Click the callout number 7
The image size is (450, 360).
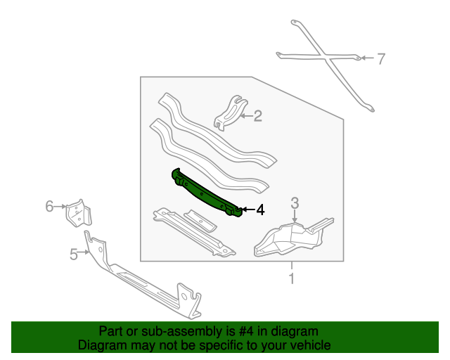click(380, 58)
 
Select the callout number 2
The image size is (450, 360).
click(258, 116)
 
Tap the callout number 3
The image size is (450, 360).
click(295, 203)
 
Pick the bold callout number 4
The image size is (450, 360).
click(260, 210)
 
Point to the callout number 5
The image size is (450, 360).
click(74, 255)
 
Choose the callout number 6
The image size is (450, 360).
click(49, 206)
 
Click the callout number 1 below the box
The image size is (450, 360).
click(292, 278)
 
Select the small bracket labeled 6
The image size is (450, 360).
click(79, 213)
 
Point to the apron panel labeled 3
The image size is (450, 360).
click(292, 238)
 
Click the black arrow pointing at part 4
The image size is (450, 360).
click(248, 210)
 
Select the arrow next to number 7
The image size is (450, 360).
click(367, 58)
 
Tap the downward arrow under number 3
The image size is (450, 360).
click(295, 216)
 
